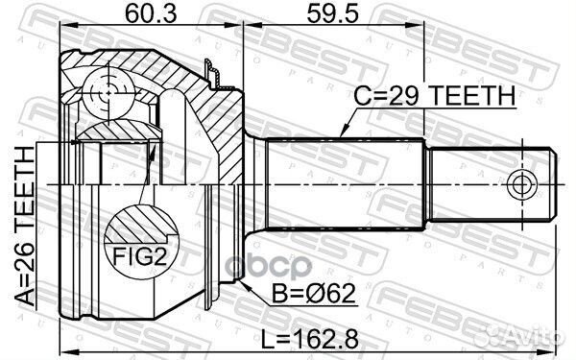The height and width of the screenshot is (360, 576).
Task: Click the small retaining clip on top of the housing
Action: tap(213, 70)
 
